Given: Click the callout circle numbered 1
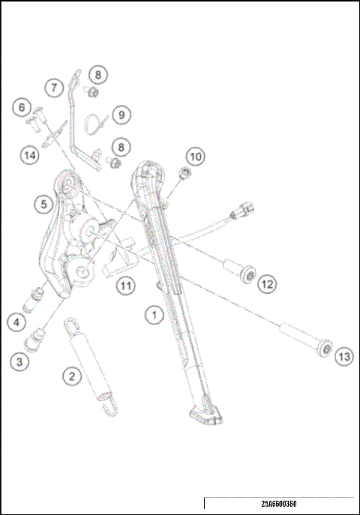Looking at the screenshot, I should [154, 316].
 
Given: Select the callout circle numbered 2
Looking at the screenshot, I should [71, 376].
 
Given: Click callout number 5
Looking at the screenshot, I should [44, 202].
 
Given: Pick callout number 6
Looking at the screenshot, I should [22, 108].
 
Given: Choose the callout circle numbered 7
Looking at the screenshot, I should [53, 88].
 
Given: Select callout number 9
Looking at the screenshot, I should [121, 115].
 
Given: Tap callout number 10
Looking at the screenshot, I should [195, 157].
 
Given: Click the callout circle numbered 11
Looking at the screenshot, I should [125, 285].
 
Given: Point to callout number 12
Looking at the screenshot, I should [268, 284].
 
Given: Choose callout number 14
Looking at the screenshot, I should [29, 156].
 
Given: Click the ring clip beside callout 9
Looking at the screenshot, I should [92, 121].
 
